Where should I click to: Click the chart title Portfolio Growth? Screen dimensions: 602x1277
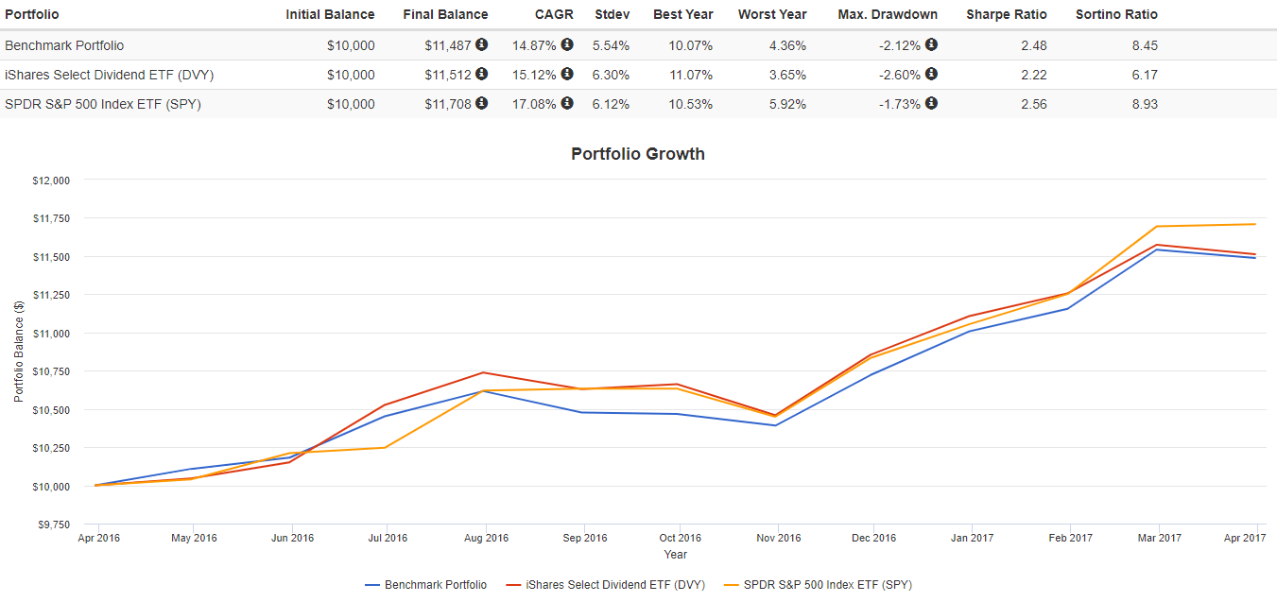pos(638,154)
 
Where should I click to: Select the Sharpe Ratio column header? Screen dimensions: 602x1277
pos(1006,14)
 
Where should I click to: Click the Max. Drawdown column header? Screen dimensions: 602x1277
pos(888,14)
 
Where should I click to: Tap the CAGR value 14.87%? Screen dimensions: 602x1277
pos(533,45)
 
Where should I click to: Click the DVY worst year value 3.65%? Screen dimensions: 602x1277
pos(786,75)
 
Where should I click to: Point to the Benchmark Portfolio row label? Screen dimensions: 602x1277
pos(64,45)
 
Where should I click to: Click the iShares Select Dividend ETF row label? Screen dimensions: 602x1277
pos(103,75)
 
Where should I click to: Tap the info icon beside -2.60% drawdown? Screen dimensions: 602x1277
pos(931,75)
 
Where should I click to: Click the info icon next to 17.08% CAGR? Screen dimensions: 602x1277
pos(567,104)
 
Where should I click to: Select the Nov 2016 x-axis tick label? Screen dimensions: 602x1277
pos(777,538)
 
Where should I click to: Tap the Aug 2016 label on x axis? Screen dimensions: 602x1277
pos(485,538)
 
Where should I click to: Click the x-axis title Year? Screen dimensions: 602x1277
pos(675,555)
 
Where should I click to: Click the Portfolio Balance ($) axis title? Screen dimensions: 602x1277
pos(19,352)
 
